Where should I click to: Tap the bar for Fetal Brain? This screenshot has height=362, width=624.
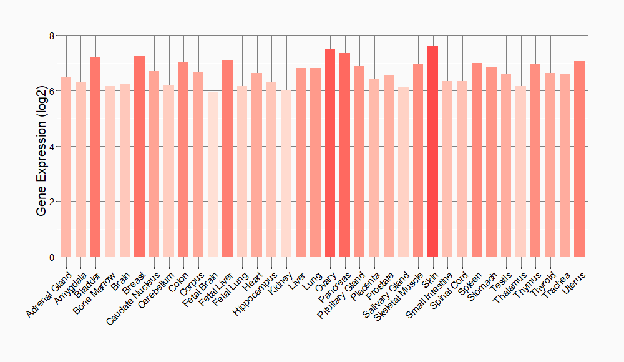213,174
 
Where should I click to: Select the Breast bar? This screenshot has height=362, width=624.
139,157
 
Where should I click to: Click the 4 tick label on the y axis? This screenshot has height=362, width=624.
51,146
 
